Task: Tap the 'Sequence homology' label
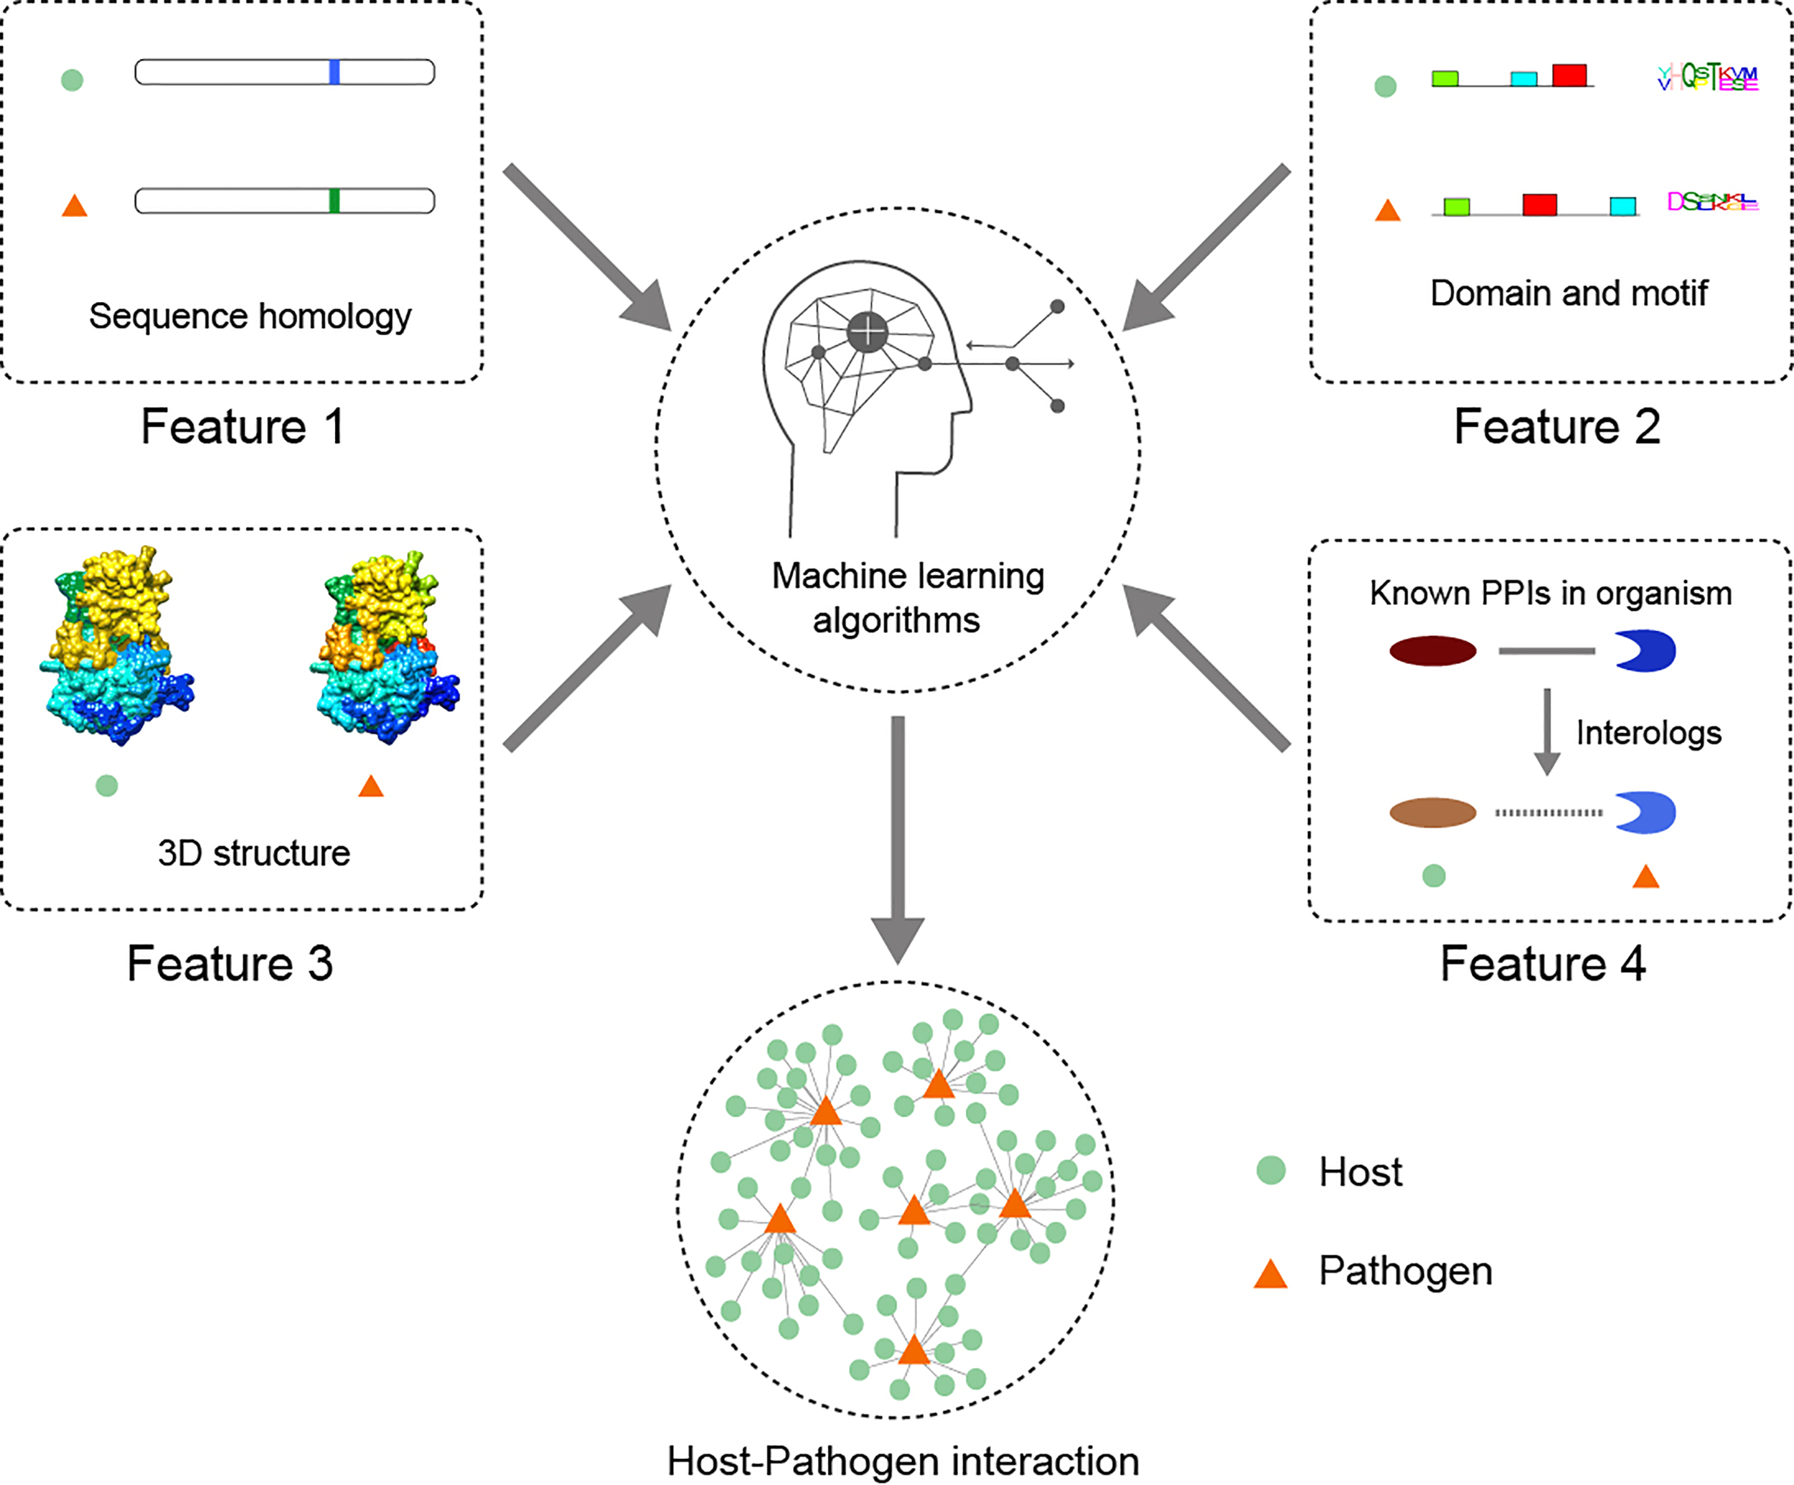coord(250,316)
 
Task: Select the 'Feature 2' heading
coord(1556,426)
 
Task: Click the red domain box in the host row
coord(1569,75)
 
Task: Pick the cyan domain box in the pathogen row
coord(1622,206)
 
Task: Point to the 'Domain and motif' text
coord(1569,293)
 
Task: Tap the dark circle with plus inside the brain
coord(867,332)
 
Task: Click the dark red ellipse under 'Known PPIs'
coord(1432,651)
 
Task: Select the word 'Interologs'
coord(1648,733)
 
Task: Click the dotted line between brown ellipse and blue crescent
coord(1548,812)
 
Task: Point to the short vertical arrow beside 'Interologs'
coord(1547,731)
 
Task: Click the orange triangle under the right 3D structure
coord(371,787)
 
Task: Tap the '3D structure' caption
coord(254,853)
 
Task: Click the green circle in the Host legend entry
coord(1271,1171)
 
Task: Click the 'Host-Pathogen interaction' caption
coord(903,1461)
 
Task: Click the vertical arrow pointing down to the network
coord(898,838)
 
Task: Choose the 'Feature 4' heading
coord(1543,964)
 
